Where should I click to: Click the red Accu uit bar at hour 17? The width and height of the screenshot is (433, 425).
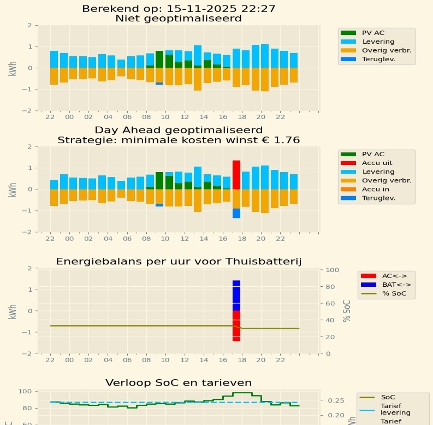point(236,175)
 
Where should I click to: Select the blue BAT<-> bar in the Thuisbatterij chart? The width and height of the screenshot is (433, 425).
point(236,296)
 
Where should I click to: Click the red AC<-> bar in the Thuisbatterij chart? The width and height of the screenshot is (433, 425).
point(236,326)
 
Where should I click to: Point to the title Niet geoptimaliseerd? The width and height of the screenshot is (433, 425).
point(179,19)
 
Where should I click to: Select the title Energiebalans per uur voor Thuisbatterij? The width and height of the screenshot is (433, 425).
point(179,262)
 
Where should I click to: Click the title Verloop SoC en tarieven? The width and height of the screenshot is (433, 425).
point(179,382)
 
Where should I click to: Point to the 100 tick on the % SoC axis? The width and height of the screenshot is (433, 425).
point(333,270)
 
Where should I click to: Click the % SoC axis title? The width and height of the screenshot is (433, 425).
point(347,311)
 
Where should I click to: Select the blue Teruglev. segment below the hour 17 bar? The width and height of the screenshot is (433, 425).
point(236,213)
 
